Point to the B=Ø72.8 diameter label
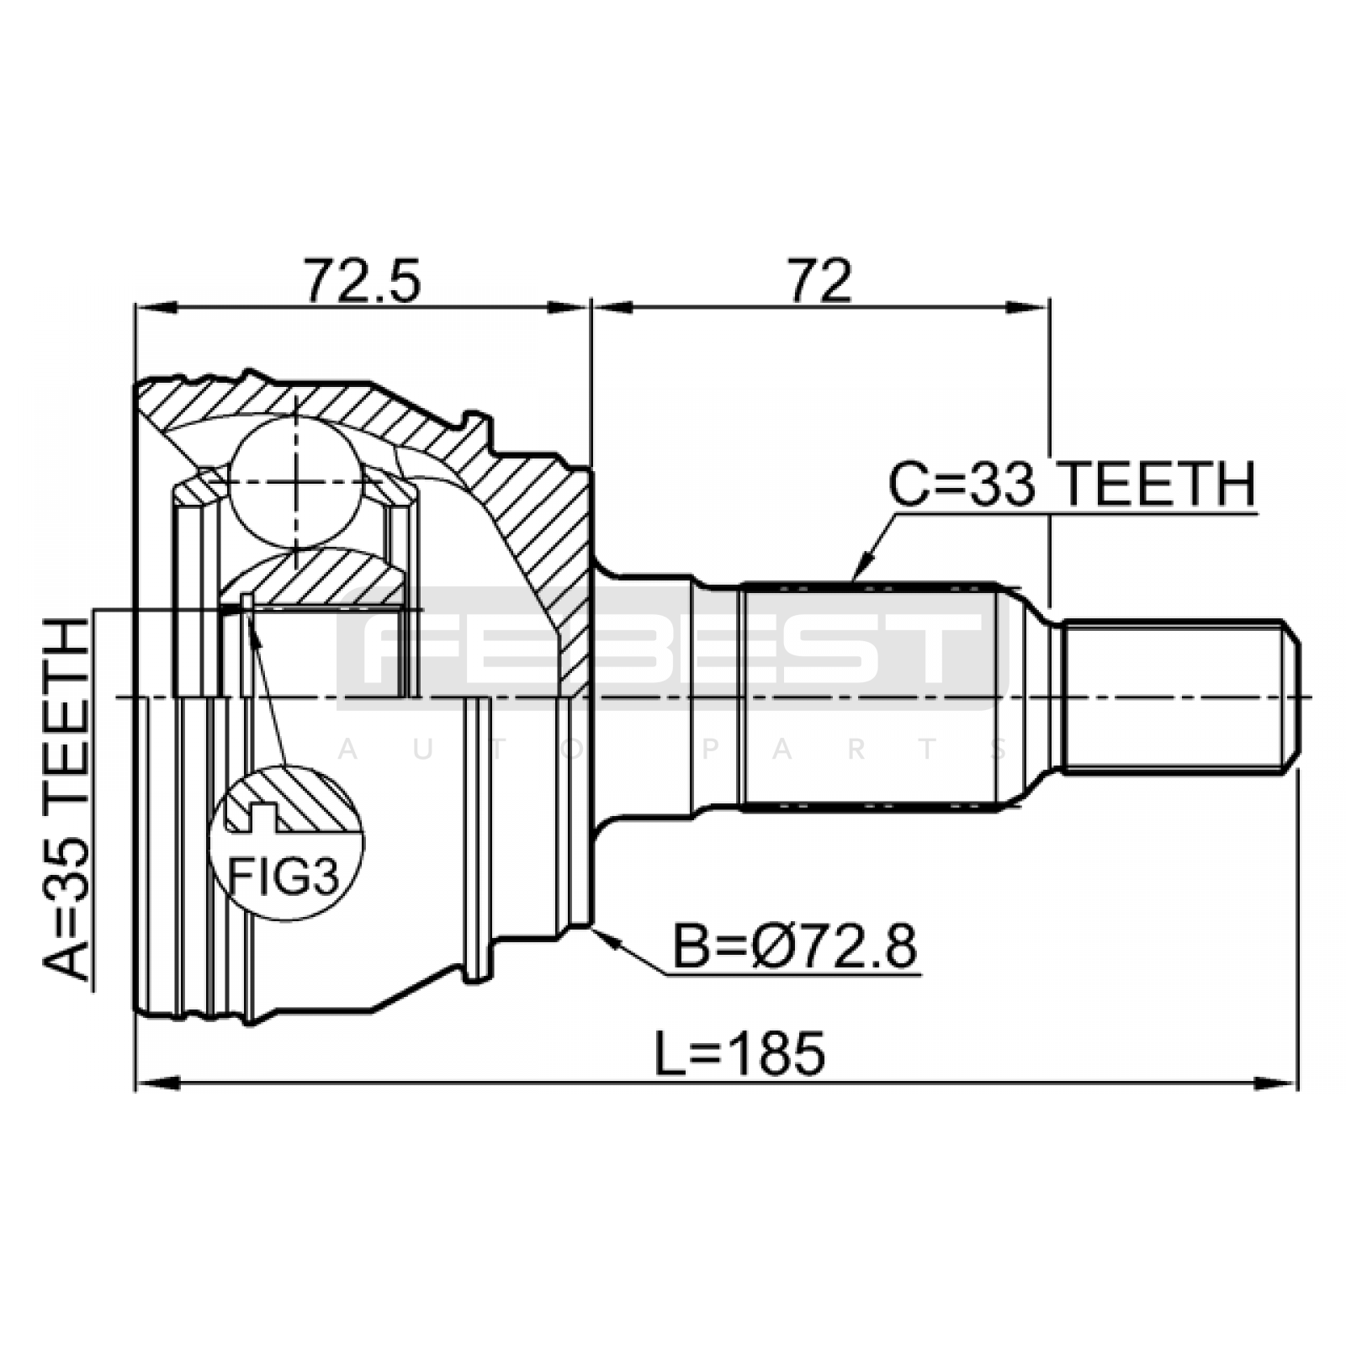[795, 947]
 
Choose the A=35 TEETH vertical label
[66, 799]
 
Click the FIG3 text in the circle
[284, 878]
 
